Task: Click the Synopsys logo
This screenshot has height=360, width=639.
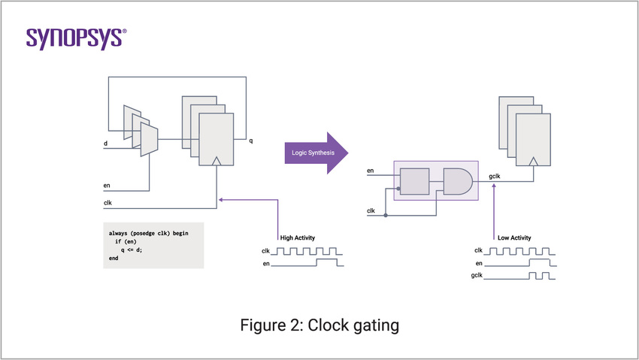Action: [x=77, y=38]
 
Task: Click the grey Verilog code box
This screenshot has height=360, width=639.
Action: [x=153, y=246]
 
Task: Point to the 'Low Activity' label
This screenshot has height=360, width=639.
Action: [x=514, y=237]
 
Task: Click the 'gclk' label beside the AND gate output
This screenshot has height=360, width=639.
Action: [x=493, y=177]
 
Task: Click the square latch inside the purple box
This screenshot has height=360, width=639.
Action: [x=414, y=182]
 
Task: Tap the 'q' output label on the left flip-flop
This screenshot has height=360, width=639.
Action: [x=251, y=141]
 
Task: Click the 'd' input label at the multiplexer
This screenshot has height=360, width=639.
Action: [x=105, y=142]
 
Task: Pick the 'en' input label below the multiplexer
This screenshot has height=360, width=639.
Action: [x=107, y=185]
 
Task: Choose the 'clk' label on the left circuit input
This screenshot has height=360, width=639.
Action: [x=108, y=201]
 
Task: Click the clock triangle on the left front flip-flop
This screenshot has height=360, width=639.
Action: [x=217, y=161]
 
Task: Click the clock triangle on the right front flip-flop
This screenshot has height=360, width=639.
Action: [x=533, y=161]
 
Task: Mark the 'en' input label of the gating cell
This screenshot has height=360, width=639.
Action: [x=371, y=171]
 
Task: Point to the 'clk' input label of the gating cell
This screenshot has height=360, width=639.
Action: [x=371, y=210]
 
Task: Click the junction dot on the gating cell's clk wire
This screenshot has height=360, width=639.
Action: [x=386, y=216]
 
